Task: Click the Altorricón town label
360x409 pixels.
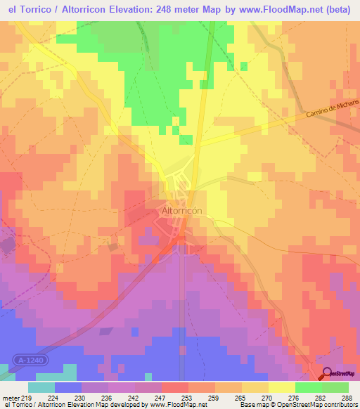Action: [182, 211]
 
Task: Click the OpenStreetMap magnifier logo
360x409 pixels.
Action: [326, 373]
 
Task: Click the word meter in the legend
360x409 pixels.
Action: [11, 397]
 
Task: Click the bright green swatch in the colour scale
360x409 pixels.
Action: [308, 387]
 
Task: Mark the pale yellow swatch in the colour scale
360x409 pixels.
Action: [281, 387]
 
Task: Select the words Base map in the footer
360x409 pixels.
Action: [251, 405]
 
